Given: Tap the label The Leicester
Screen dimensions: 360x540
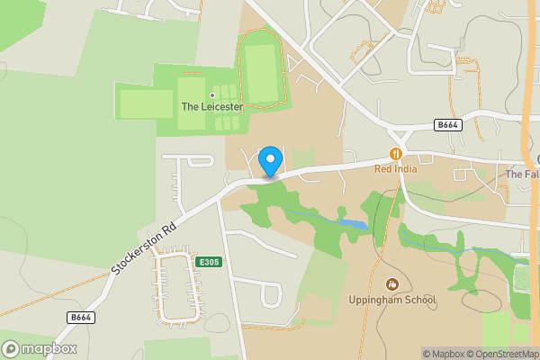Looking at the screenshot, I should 212,106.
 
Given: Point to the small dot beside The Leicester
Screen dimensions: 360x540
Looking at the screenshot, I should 212,94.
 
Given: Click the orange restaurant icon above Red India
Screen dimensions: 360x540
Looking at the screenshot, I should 394,155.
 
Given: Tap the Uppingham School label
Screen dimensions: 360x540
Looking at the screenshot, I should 391,300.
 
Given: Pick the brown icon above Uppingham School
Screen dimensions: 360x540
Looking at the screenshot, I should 391,284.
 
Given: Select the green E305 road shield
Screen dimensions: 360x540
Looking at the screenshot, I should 209,262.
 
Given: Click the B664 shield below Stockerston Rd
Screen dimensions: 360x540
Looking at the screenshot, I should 81,318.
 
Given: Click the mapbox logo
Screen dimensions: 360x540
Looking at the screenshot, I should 40,348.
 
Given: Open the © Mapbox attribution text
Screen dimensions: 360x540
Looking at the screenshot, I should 444,354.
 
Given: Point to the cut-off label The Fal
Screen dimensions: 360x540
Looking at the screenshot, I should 522,174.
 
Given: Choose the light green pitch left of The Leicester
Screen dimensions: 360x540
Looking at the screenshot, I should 146,103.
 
